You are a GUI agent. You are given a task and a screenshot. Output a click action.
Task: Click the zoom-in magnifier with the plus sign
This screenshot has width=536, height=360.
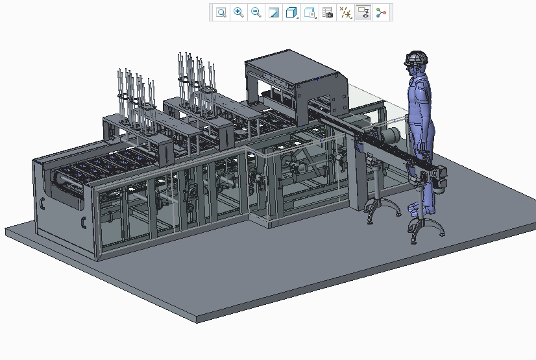coord(239,12)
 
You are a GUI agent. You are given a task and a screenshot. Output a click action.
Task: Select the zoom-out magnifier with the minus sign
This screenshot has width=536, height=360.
coord(256,12)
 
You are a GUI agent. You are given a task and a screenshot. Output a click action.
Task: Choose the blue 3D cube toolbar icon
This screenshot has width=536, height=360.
coord(292,12)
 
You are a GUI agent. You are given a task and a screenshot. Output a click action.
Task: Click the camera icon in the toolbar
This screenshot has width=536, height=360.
coord(328,12)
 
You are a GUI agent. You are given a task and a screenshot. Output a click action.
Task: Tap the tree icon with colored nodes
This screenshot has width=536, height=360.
coord(381,12)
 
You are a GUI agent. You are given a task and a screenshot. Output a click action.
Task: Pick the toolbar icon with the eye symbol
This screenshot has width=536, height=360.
coord(363,12)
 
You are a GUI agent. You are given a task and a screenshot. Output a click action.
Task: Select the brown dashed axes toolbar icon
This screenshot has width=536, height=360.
coord(346,12)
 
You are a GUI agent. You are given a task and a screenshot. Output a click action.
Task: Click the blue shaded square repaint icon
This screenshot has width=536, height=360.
coord(274,12)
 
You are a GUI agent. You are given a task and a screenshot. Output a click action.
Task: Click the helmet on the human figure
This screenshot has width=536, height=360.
coord(417,58)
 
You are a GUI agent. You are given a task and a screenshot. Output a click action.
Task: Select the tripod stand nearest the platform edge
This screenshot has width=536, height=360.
coord(425,227)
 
